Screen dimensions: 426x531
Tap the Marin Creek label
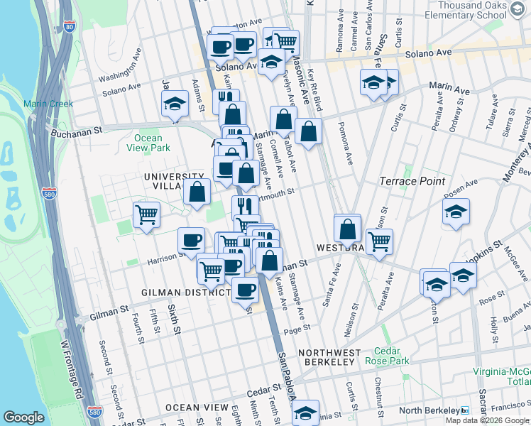(x=48, y=104)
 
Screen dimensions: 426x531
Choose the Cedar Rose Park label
(x=387, y=356)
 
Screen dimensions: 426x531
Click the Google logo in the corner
(x=23, y=417)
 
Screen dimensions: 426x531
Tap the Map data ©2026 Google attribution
(x=487, y=420)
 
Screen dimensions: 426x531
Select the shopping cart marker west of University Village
(x=146, y=214)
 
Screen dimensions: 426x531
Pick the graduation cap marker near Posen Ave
(x=456, y=211)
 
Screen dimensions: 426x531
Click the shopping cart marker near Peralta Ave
(x=379, y=241)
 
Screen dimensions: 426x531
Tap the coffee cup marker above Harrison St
(x=190, y=240)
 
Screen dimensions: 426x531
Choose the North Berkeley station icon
(x=464, y=410)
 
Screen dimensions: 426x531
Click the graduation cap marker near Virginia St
(x=305, y=413)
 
